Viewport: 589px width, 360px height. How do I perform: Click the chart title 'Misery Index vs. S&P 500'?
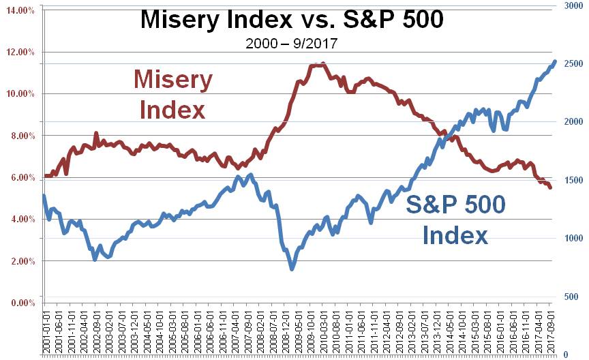tap(291, 19)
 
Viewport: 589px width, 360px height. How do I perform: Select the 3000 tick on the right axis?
tap(573, 5)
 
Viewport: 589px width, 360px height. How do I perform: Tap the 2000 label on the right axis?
tap(573, 121)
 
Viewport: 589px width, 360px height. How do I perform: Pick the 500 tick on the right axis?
tap(573, 296)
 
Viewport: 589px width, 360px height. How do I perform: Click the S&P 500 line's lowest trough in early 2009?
tap(292, 269)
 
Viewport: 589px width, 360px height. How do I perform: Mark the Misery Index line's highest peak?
tap(322, 64)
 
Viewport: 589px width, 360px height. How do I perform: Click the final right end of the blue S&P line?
tap(554, 61)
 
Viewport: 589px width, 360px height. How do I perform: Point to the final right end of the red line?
tap(550, 187)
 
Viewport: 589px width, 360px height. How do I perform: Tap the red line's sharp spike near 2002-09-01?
tap(96, 133)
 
